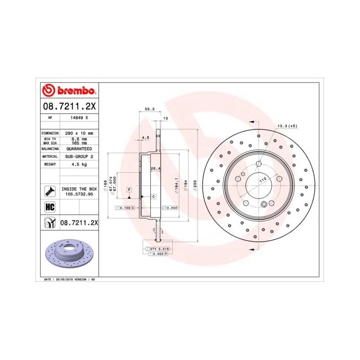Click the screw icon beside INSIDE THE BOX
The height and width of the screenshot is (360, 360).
point(50,192)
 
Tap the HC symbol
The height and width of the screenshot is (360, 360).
point(50,207)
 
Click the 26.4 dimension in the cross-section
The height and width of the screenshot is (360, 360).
point(154,168)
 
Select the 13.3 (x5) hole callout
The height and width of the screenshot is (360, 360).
point(287,125)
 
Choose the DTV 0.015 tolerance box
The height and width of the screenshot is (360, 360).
point(160,248)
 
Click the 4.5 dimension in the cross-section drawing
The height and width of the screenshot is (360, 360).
point(145,138)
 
